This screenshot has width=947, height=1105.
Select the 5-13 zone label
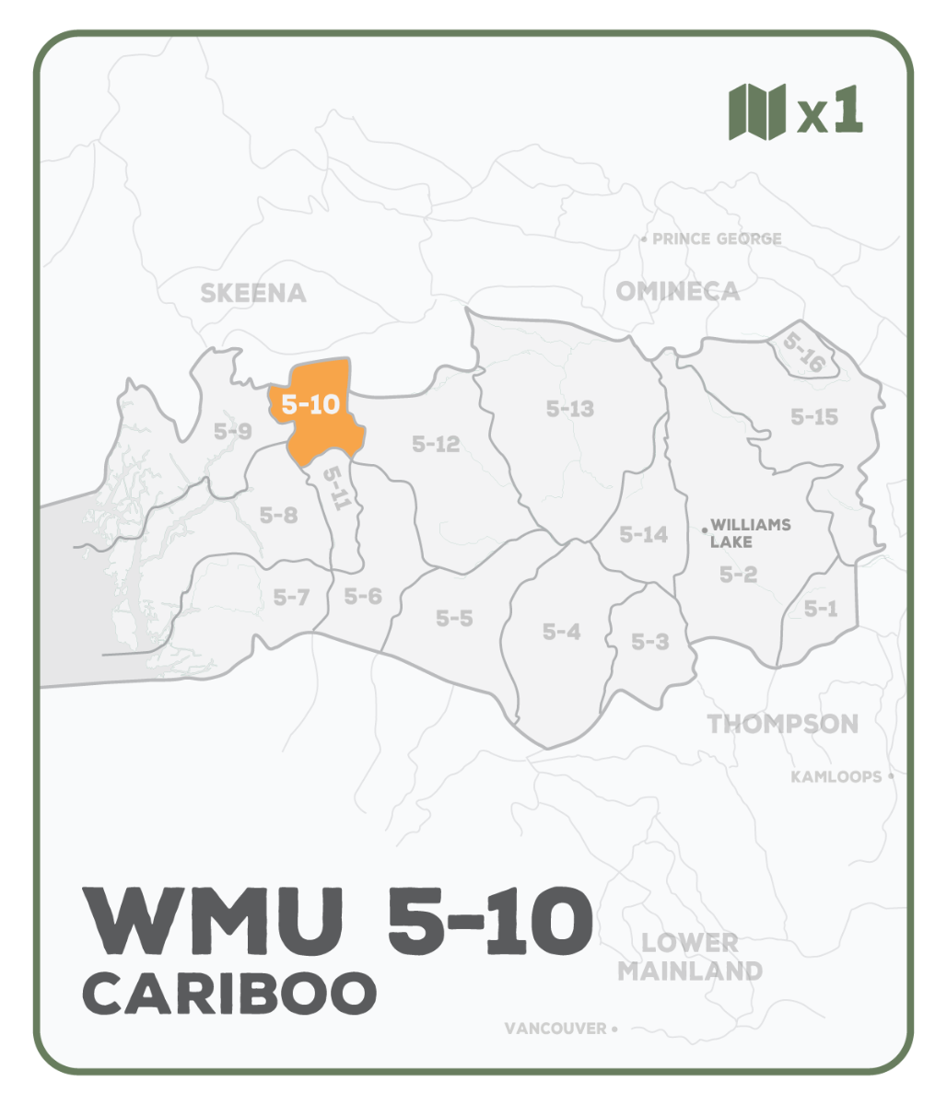coord(570,409)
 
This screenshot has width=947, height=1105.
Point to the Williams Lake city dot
coord(705,529)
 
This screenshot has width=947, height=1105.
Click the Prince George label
coord(717,239)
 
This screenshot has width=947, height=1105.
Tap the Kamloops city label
coord(836,777)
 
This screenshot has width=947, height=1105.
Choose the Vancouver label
coord(555,1029)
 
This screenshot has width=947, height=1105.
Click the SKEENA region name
coord(253,293)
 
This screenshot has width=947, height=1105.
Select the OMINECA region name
coord(677,291)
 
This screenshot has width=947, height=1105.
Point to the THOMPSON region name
coord(783,724)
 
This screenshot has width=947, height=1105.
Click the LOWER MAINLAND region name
coord(690,957)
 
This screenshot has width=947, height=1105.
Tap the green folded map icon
coord(757,111)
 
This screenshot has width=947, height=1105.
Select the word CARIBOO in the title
coord(230,993)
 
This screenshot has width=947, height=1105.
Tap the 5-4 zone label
coord(561,632)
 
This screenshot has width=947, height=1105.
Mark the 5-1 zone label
coord(819,608)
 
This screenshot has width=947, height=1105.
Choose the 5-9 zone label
coord(232,430)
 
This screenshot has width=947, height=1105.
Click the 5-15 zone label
coord(814,417)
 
